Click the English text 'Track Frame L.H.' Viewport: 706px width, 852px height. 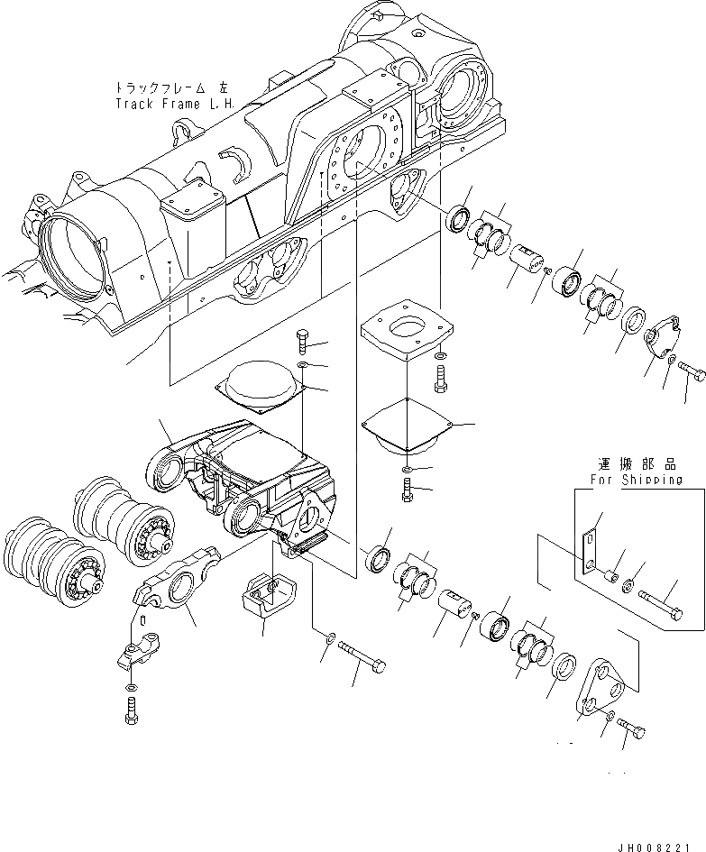174,103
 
